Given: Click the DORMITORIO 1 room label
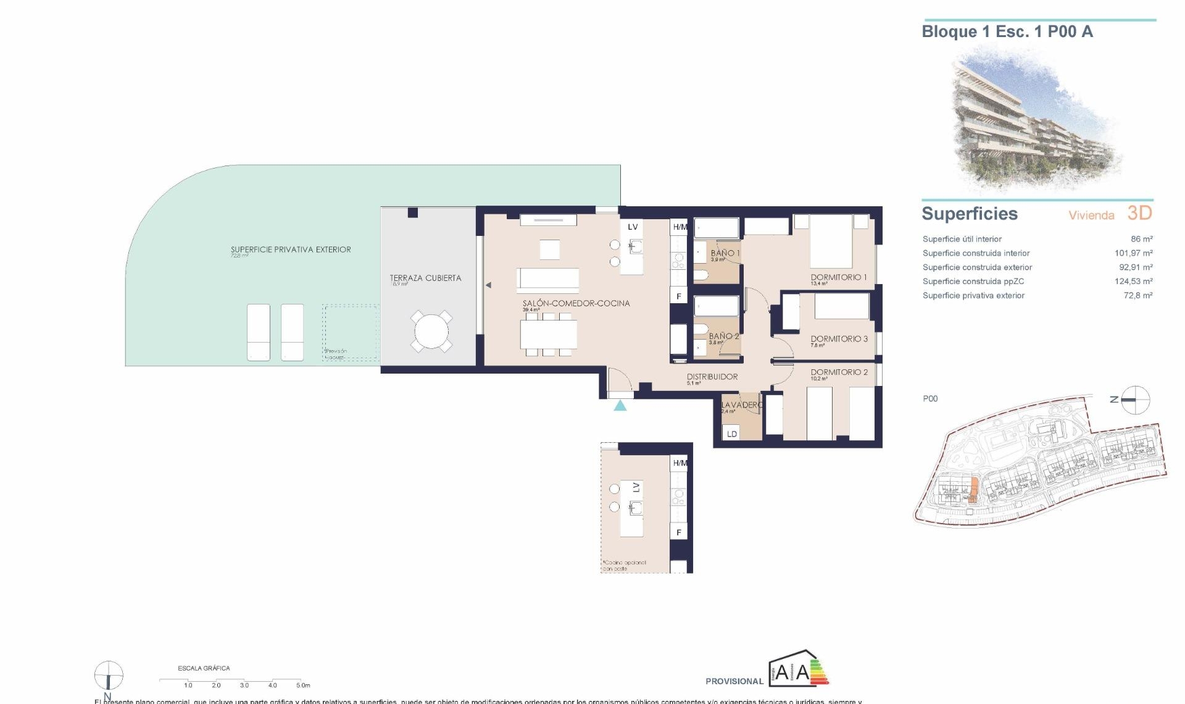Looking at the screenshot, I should (838, 277).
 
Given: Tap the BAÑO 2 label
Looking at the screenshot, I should (723, 337).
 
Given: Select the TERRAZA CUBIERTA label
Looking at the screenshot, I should (425, 278).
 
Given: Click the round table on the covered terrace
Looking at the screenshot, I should (431, 332).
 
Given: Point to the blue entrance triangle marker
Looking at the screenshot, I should (620, 406).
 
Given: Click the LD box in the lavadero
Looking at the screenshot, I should (731, 434).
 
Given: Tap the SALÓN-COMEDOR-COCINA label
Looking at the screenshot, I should (576, 303).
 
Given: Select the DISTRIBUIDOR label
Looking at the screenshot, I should (712, 376).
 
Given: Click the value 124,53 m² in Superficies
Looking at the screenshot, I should (1133, 281).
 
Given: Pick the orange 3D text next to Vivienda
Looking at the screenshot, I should (1139, 213).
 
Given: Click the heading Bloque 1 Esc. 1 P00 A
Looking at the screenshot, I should (1007, 31).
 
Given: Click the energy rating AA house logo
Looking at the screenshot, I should (798, 669).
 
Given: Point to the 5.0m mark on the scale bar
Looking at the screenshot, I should (302, 685).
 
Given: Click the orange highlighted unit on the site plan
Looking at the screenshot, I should (973, 489).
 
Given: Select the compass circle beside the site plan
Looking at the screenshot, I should (1135, 400).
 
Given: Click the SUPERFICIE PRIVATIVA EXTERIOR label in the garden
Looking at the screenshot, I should (291, 249).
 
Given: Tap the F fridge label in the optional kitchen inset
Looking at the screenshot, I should (678, 532).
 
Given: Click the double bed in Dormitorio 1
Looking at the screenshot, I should (831, 242).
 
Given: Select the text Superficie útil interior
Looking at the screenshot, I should (962, 239).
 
